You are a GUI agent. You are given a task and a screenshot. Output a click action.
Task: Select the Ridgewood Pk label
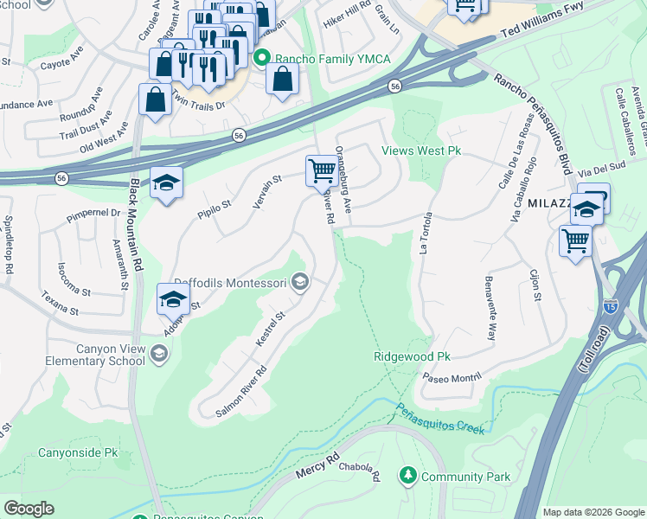tap(412, 356)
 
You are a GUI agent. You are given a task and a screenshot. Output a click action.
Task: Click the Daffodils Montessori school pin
tap(300, 282)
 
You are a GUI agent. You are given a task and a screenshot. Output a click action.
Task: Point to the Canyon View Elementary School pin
tap(159, 352)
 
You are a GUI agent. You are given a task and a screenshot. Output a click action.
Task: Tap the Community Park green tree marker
tap(407, 476)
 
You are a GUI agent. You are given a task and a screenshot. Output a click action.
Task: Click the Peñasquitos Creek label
tap(441, 420)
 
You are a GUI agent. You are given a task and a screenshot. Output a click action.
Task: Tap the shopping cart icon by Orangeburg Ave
tap(322, 170)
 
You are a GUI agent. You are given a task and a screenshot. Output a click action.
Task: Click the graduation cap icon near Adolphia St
tap(173, 299)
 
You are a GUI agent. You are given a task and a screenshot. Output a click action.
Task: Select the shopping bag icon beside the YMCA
tap(283, 80)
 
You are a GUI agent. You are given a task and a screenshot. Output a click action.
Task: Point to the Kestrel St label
tap(270, 330)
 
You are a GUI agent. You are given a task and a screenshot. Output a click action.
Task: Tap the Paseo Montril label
tap(449, 378)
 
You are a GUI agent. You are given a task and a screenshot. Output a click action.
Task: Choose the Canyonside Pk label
tap(77, 452)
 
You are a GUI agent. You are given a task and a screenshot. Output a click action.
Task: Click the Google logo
tap(29, 509)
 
